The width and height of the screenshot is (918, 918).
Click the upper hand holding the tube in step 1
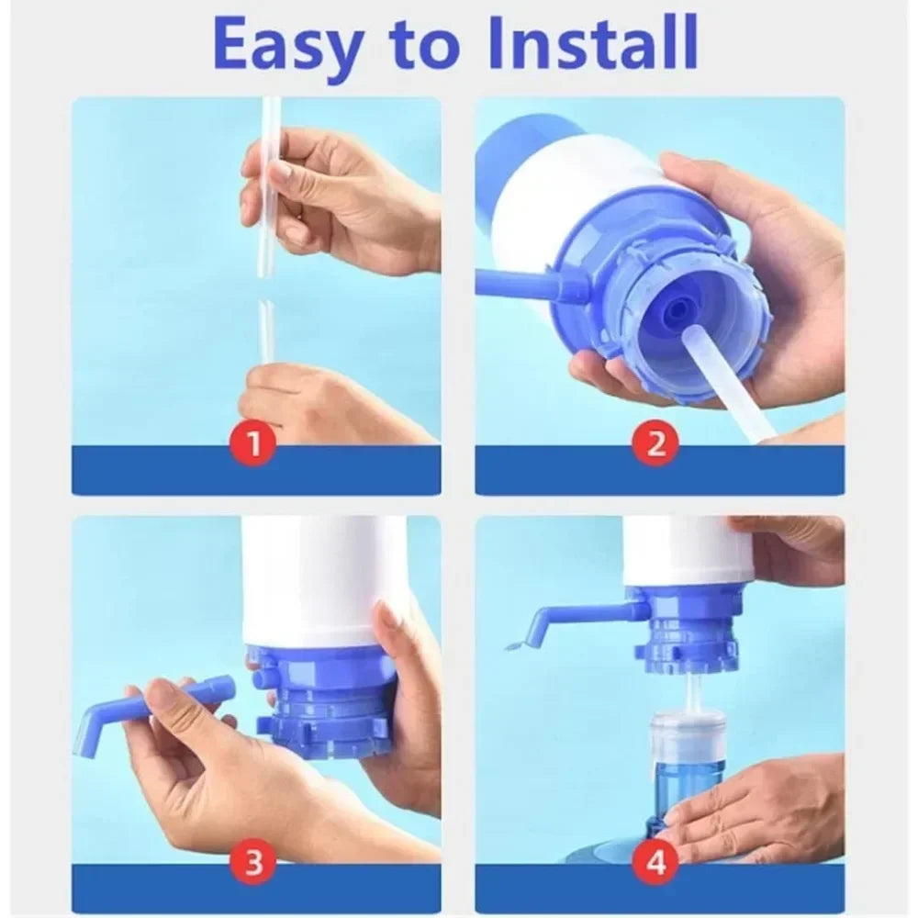340,197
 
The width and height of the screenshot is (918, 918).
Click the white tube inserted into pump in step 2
725,381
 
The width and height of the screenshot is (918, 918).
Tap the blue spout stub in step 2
523,283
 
